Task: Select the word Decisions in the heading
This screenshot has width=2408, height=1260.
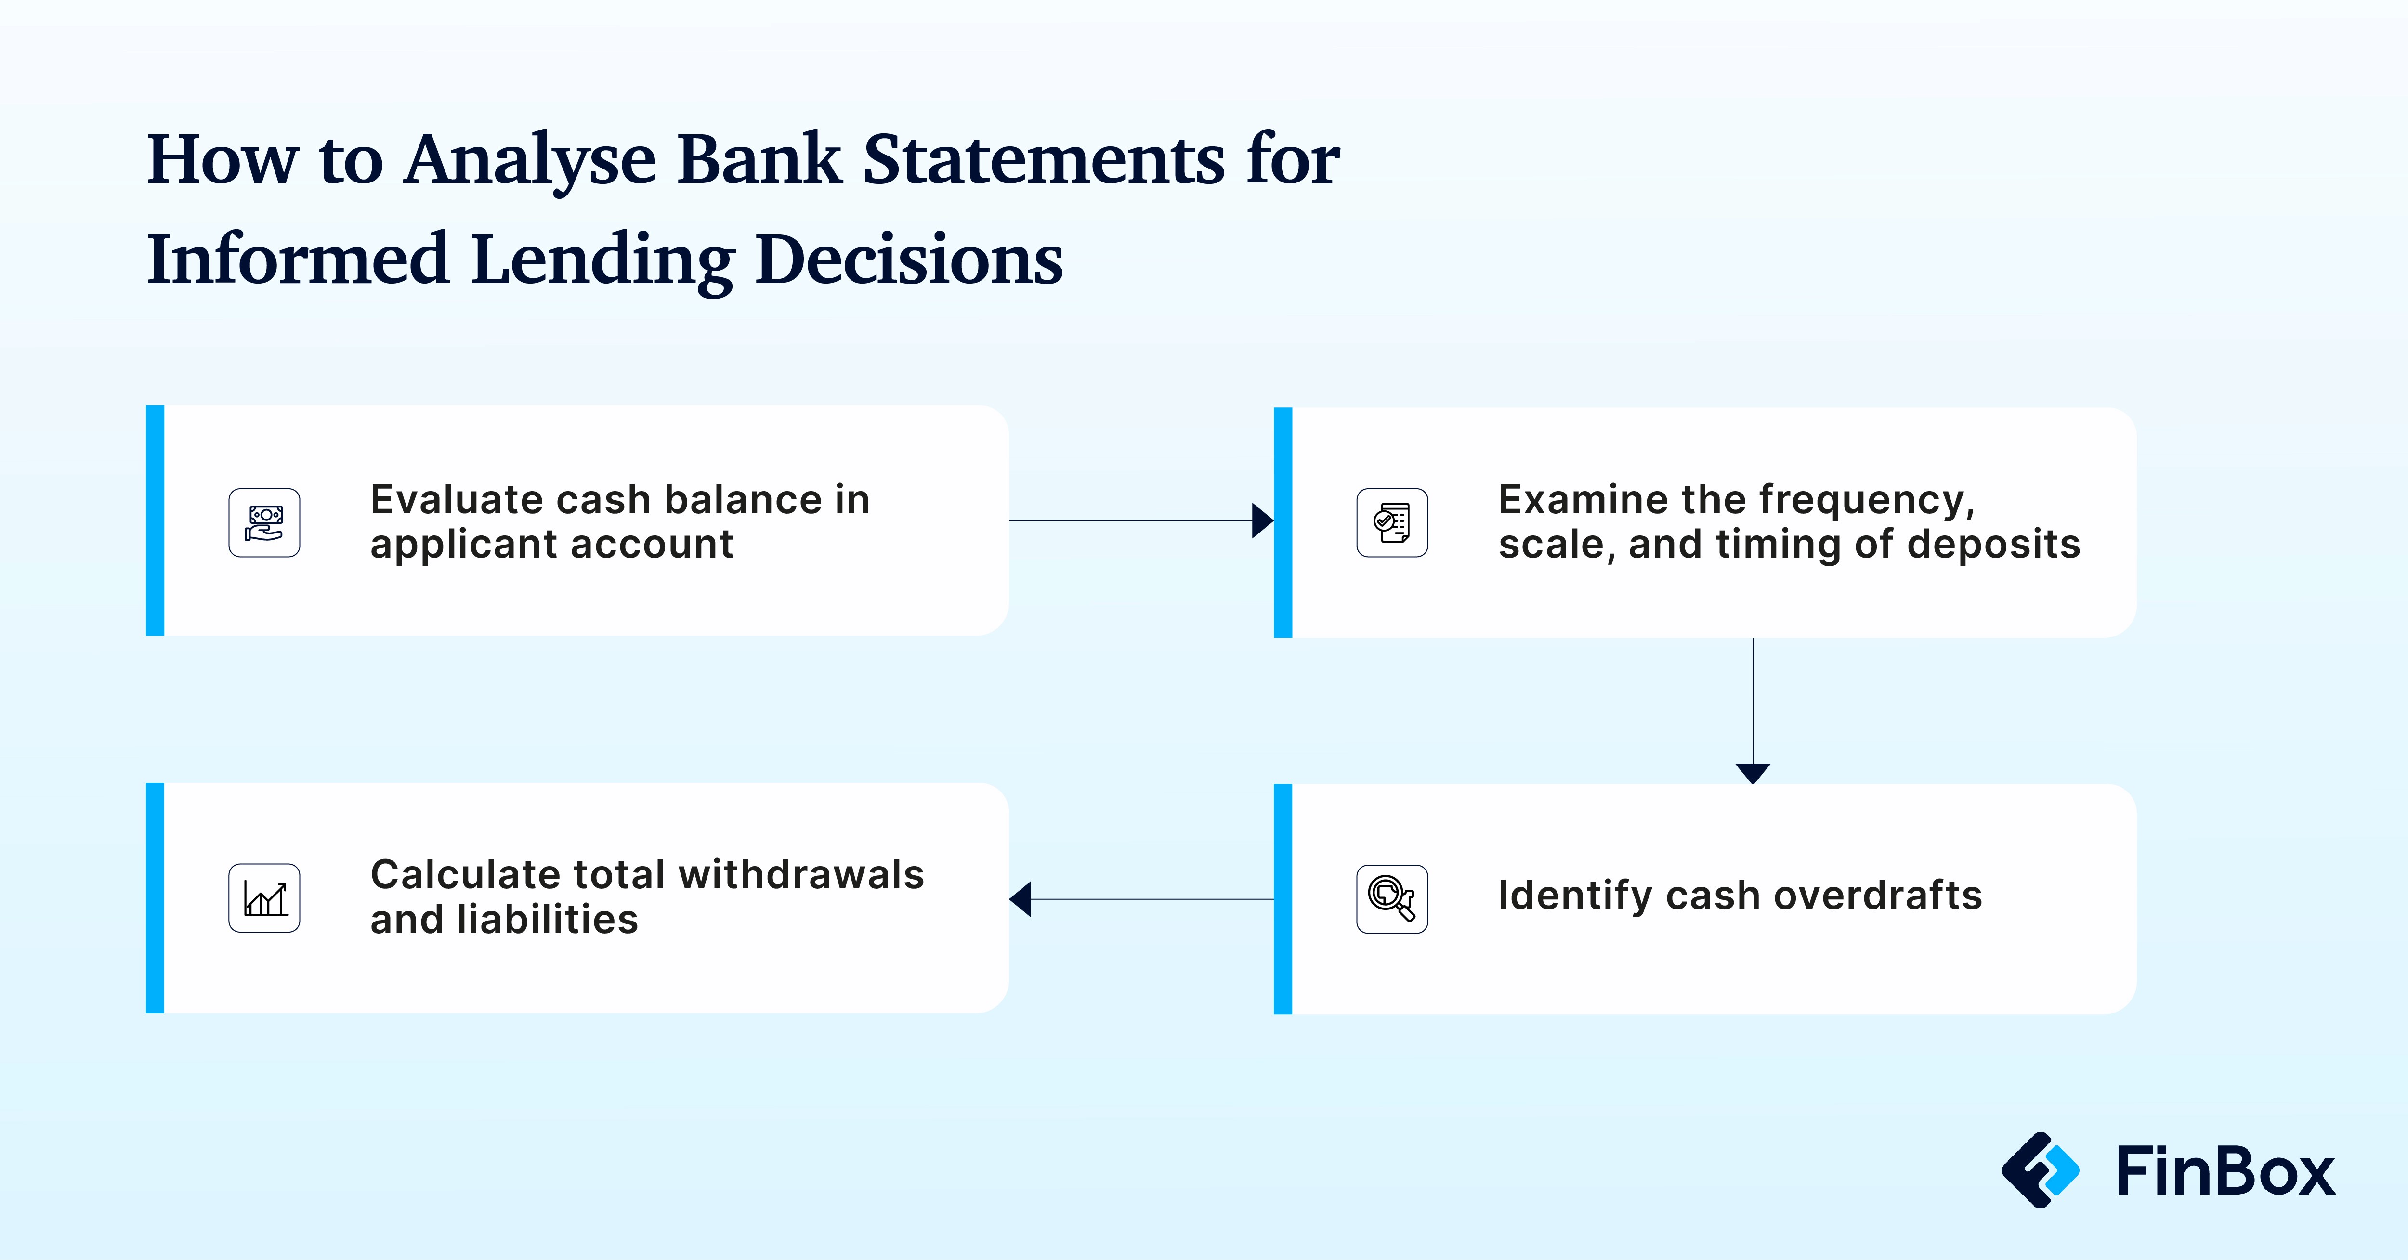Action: (x=909, y=259)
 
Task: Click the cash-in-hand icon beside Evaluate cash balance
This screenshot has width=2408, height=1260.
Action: (x=264, y=522)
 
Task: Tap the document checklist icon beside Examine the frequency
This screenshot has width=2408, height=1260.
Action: (x=1392, y=522)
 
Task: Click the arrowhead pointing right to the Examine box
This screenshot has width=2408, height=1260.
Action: (x=1263, y=520)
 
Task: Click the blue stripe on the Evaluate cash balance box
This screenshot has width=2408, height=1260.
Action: (x=155, y=520)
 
